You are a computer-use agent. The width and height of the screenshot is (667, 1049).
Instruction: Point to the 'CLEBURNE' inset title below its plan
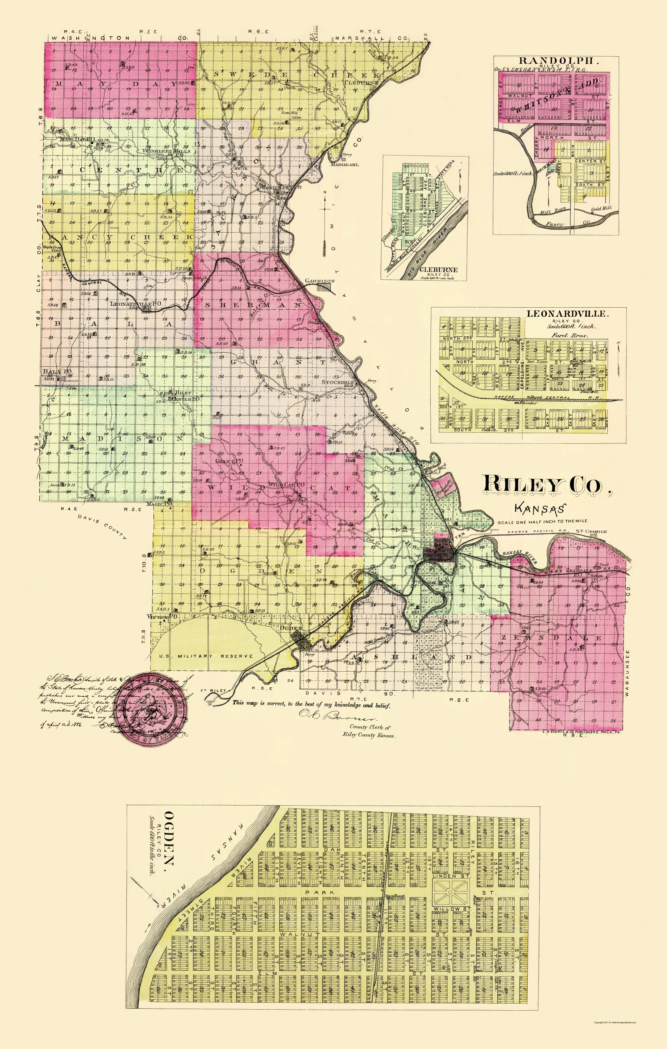pos(439,270)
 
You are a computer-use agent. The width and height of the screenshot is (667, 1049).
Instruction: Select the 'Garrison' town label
pos(319,281)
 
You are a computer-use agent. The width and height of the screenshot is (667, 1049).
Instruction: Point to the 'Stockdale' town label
pos(339,382)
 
